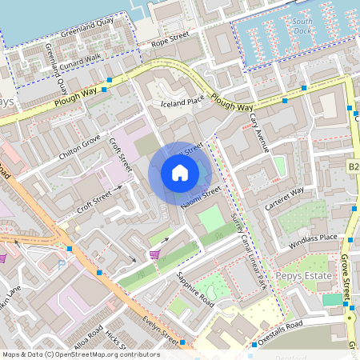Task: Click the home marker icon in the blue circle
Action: coord(180,173)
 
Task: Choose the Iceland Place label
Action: coord(182,102)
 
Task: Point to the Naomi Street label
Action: coord(200,197)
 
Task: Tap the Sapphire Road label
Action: coord(194,290)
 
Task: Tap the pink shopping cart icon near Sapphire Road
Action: coord(154,254)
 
